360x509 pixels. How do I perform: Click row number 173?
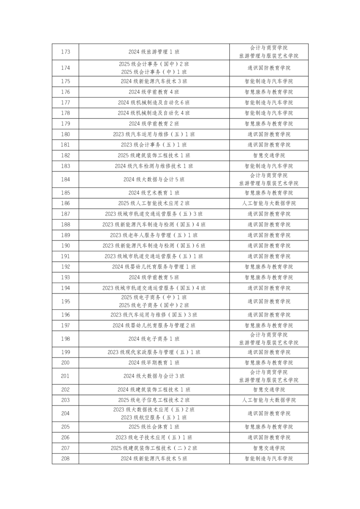click(65, 52)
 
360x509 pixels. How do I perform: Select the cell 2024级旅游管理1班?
click(154, 52)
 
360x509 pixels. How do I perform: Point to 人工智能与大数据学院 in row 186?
click(269, 203)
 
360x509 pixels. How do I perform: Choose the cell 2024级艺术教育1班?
click(154, 193)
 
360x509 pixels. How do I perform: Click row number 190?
click(65, 246)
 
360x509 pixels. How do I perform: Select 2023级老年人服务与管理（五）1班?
click(154, 235)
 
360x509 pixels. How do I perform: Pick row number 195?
click(65, 301)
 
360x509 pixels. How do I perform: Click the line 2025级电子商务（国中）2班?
click(154, 306)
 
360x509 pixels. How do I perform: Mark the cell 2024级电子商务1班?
click(154, 339)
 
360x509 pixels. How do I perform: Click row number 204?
click(65, 413)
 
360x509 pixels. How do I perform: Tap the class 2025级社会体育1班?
click(154, 427)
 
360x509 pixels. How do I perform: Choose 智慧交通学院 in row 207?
click(269, 448)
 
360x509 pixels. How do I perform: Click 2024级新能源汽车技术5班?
click(154, 459)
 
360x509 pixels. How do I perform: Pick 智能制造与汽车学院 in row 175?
click(269, 81)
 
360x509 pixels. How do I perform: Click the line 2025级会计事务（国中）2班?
click(154, 64)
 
